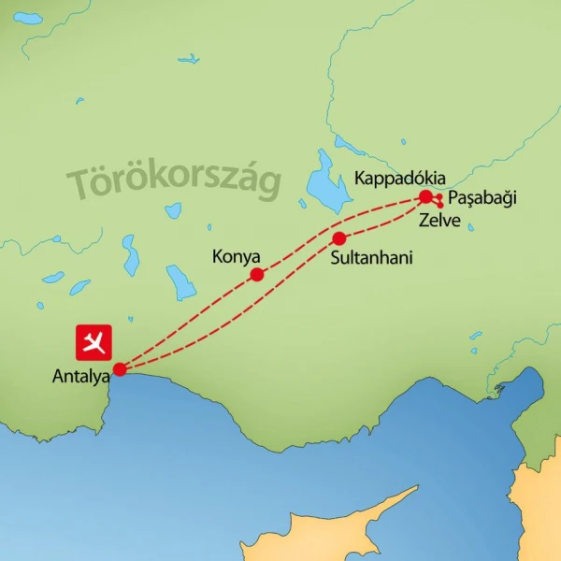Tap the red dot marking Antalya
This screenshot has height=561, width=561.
pyautogui.click(x=120, y=368)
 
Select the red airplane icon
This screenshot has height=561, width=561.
pyautogui.click(x=93, y=342)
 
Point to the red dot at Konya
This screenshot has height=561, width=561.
pyautogui.click(x=257, y=274)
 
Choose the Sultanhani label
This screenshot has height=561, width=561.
pyautogui.click(x=371, y=257)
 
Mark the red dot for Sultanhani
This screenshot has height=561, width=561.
pyautogui.click(x=339, y=238)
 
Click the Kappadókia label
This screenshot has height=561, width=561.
pyautogui.click(x=399, y=179)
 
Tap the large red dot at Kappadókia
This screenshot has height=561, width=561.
pyautogui.click(x=425, y=196)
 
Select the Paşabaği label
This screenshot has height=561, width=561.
pyautogui.click(x=482, y=198)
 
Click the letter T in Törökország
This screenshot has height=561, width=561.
pyautogui.click(x=81, y=183)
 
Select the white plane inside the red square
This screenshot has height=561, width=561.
pyautogui.click(x=93, y=342)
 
